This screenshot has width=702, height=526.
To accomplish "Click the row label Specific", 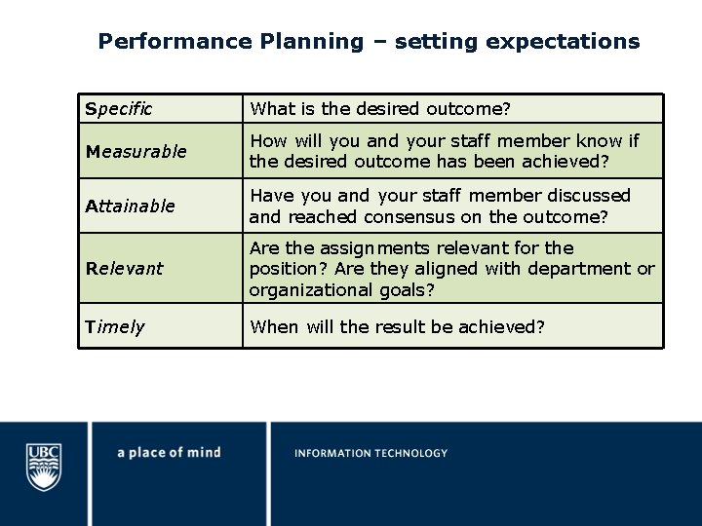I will pos(118,108).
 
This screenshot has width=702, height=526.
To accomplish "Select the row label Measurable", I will pos(136,151).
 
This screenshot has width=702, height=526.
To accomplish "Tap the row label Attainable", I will pos(130,206).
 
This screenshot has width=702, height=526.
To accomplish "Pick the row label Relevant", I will pos(124,268).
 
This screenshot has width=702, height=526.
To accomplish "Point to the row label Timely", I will pos(114,326).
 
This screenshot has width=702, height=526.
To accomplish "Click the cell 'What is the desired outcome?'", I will pos(380,108).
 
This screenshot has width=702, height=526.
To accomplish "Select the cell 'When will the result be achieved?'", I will pos(397,326).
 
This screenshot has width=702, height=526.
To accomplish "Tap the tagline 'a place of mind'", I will pos(169,452).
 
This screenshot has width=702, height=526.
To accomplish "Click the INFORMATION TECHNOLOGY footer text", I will pos(370,453).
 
